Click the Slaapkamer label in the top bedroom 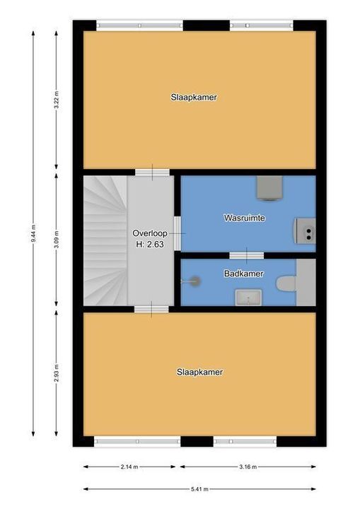click(193, 98)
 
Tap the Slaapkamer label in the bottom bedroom click(200, 372)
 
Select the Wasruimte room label click(245, 218)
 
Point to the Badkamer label click(244, 274)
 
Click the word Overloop click(150, 233)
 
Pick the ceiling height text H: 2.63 click(150, 245)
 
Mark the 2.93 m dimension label click(57, 373)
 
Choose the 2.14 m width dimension click(129, 467)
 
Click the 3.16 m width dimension click(247, 467)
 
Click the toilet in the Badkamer click(286, 284)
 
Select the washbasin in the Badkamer click(248, 297)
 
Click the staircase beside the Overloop click(105, 240)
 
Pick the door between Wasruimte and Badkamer click(246, 255)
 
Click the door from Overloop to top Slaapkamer click(152, 172)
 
